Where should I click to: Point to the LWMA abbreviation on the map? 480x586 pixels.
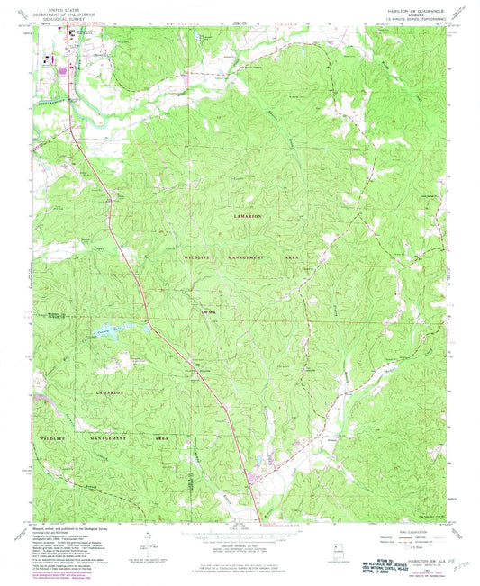(x=209, y=311)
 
